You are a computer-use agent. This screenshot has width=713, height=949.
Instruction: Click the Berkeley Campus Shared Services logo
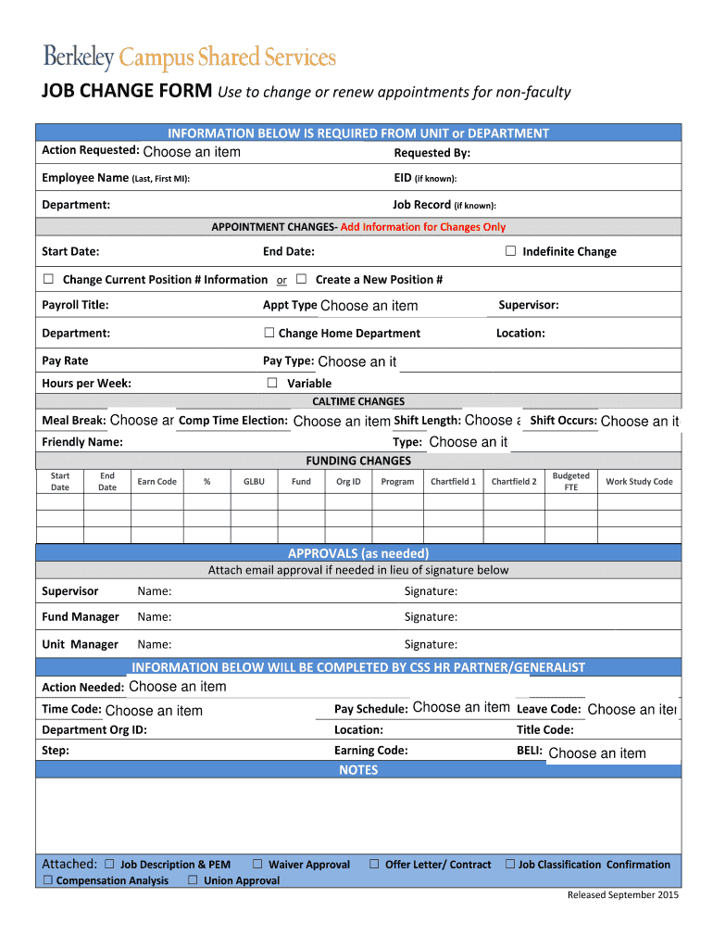(x=189, y=57)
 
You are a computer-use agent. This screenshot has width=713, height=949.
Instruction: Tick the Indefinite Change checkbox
(x=510, y=251)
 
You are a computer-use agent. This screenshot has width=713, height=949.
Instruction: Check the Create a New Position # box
(x=301, y=279)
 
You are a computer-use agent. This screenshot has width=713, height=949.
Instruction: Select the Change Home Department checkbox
(x=269, y=333)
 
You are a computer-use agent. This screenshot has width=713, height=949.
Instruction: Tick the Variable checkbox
(x=272, y=383)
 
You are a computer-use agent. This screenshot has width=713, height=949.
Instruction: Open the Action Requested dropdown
(x=192, y=152)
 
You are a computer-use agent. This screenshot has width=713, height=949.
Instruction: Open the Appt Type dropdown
(x=369, y=306)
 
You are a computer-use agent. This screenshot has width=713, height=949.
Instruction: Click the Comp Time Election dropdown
(x=341, y=422)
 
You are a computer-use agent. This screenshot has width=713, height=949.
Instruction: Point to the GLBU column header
(x=254, y=482)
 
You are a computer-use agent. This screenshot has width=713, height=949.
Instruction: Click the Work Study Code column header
(x=639, y=482)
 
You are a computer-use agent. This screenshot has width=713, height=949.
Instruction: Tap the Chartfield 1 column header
(x=454, y=482)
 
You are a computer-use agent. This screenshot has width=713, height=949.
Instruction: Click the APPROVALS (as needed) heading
(x=358, y=553)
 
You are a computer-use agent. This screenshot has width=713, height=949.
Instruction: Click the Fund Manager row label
(x=81, y=617)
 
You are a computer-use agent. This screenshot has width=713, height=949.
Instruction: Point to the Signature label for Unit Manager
(x=431, y=645)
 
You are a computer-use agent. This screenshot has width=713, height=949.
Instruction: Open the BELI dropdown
(x=597, y=753)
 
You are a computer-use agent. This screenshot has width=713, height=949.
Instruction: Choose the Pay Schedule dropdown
(x=461, y=708)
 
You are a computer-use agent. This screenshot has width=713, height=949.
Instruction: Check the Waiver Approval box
(x=258, y=864)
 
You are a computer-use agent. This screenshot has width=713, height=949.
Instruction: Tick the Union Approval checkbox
(x=193, y=880)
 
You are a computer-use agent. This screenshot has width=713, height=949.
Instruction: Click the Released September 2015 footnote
(x=623, y=895)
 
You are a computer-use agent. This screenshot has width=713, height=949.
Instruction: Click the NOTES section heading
(x=358, y=770)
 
